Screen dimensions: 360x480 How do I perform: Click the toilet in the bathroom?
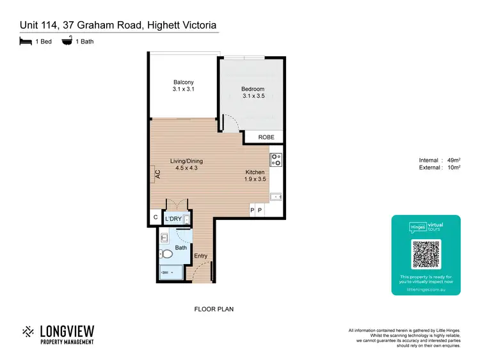coord(167,254)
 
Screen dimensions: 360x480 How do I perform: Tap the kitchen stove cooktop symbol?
coord(276,160)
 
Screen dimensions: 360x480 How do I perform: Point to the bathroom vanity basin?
coord(164,239)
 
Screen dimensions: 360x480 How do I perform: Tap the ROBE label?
coord(266,137)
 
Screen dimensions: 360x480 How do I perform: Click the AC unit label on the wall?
coord(156,173)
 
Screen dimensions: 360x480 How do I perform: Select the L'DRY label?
coord(173,219)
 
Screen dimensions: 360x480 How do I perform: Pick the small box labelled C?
coord(155,218)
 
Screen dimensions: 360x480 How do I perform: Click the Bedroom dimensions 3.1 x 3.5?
coord(253,97)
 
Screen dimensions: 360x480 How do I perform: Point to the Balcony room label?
coord(183,82)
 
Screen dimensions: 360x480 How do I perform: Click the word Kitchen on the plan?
coord(256,172)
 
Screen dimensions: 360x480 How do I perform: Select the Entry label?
coord(201,256)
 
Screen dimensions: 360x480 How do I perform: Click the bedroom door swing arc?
coord(227,120)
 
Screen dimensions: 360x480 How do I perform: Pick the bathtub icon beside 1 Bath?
coord(67,42)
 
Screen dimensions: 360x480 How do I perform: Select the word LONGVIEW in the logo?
coord(67,331)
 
